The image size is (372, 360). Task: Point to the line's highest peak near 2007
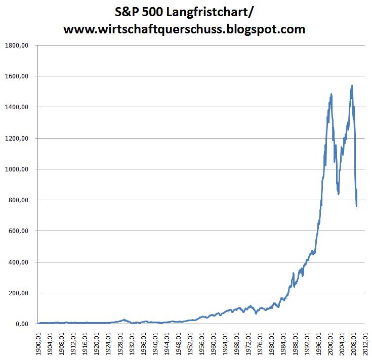tap(351, 86)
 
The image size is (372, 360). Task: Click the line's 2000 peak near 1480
tap(331, 94)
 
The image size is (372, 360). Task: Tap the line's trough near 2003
tap(338, 194)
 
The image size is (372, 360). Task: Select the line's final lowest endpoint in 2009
tap(357, 206)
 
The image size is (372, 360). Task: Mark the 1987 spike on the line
tap(293, 274)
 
